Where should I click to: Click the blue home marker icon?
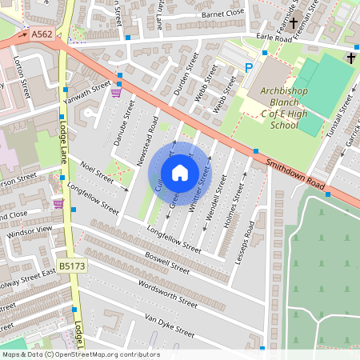[180, 172]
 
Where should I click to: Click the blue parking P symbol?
[248, 69]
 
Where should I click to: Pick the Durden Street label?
[186, 74]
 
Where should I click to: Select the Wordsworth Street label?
[166, 295]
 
